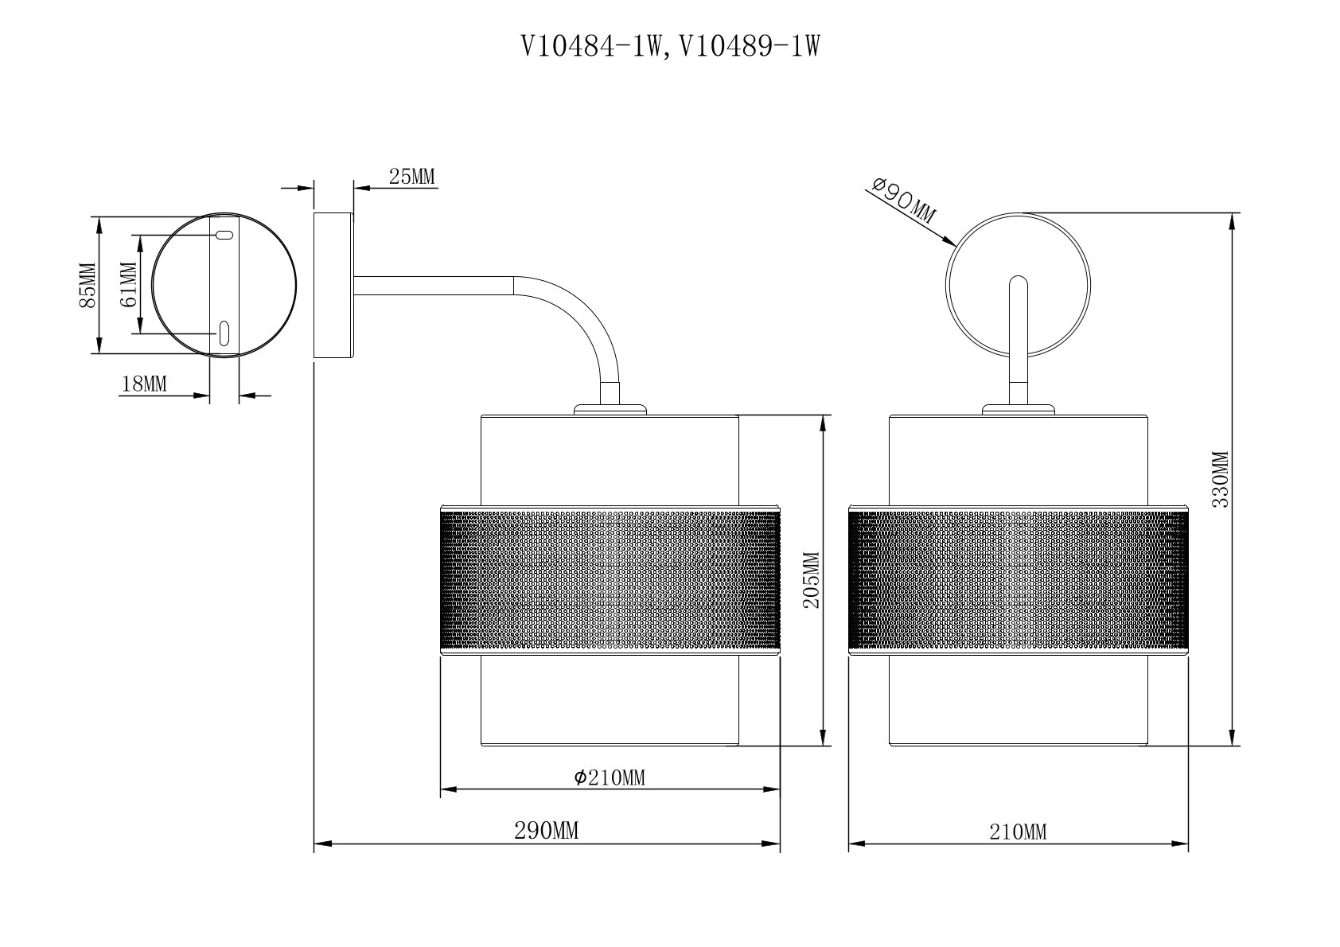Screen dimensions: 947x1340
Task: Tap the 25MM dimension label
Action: point(412,177)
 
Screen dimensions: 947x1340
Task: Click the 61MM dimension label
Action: point(127,285)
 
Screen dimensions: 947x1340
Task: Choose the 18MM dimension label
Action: point(144,384)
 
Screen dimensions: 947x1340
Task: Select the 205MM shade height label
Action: point(812,579)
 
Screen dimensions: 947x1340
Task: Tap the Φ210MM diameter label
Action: point(610,778)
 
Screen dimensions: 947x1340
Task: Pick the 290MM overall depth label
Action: point(546,832)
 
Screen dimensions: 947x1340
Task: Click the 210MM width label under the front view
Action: point(1018,832)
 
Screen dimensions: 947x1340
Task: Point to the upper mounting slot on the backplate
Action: point(224,236)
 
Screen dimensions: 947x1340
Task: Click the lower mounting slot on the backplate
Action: point(224,333)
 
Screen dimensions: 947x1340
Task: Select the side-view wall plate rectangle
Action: point(333,285)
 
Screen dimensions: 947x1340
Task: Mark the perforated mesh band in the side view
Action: point(610,580)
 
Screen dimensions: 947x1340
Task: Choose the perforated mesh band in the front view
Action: point(1019,580)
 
